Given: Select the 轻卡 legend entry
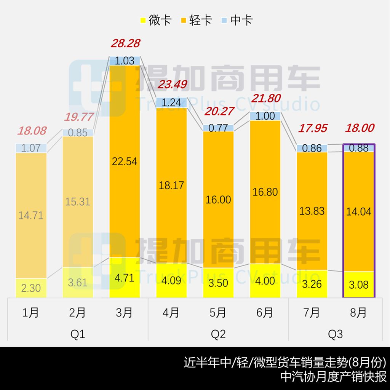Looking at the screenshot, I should click(196, 20).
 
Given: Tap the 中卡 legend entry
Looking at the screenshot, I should click(237, 20).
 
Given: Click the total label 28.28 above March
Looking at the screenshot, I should click(125, 43).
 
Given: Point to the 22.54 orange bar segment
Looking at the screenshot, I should click(125, 161).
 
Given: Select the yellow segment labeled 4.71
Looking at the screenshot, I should click(125, 278).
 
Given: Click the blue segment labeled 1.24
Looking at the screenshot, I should click(171, 102).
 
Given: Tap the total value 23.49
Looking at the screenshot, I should click(172, 85).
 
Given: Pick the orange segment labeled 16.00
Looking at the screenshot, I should click(218, 199).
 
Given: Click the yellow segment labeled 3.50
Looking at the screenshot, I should click(218, 283).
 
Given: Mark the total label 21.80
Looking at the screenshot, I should click(266, 98).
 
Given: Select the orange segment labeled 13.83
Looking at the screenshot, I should click(312, 211).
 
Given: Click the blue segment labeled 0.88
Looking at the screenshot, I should click(359, 148).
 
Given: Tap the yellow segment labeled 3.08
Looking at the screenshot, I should click(359, 285).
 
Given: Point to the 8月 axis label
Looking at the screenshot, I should click(358, 313).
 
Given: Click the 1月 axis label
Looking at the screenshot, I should click(31, 313).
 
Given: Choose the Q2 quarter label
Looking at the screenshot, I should click(218, 334).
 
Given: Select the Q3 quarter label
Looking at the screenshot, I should click(335, 334).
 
